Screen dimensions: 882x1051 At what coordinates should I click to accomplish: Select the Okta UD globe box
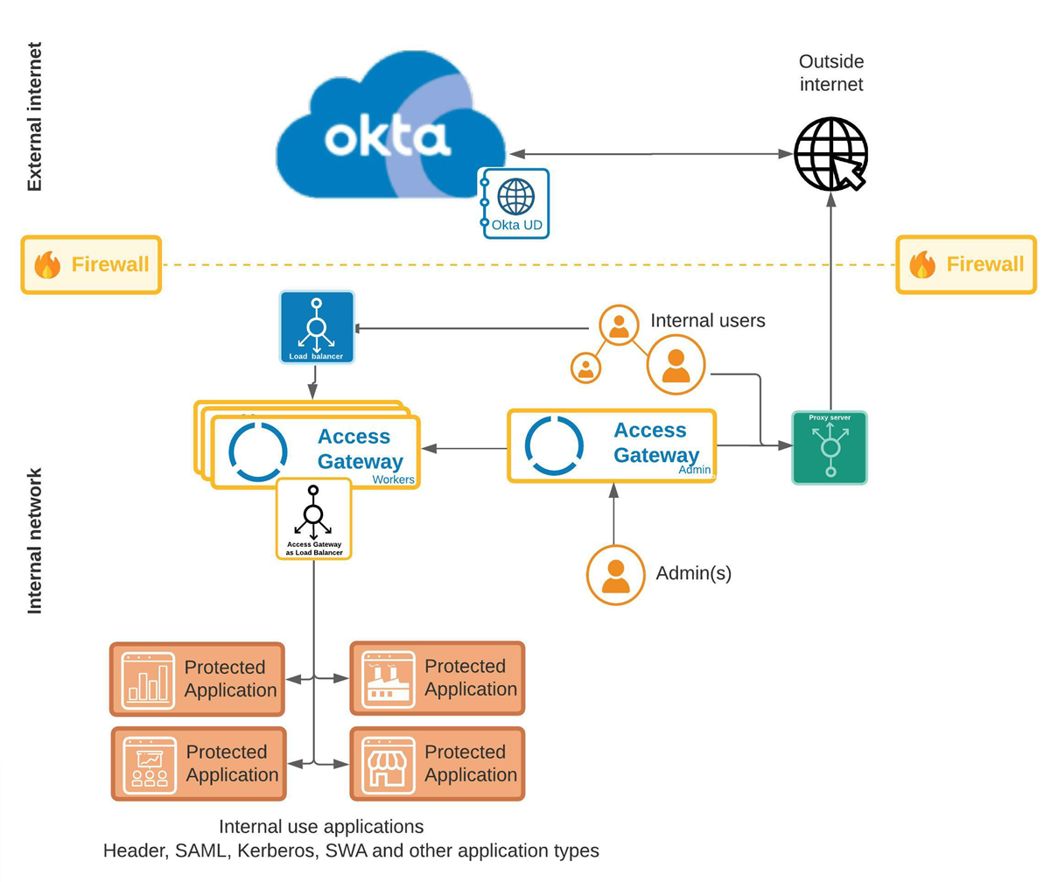(x=515, y=204)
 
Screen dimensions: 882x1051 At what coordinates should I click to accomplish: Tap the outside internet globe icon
(x=830, y=154)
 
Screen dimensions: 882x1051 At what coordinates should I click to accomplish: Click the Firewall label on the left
(x=91, y=264)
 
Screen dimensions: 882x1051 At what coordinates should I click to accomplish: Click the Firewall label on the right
(x=966, y=264)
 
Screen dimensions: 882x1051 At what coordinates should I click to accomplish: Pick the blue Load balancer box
(x=317, y=327)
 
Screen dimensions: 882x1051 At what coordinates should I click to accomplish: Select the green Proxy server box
(x=830, y=447)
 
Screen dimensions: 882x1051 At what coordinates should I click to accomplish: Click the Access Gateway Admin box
(x=612, y=445)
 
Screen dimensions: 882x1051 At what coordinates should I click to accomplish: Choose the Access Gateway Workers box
(x=315, y=451)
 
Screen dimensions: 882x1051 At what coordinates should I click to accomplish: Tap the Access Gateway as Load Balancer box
(x=313, y=519)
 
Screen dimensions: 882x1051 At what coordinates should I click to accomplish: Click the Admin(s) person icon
(x=615, y=574)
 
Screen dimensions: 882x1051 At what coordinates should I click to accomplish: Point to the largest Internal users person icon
(x=676, y=365)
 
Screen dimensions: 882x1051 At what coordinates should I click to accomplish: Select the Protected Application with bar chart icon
(x=198, y=678)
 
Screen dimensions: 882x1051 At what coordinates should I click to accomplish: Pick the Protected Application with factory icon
(x=437, y=678)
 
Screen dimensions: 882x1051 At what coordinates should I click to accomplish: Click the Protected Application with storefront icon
(x=437, y=763)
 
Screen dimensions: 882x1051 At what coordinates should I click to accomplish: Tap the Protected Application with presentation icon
(x=199, y=763)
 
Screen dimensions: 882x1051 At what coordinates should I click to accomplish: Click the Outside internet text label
(x=830, y=73)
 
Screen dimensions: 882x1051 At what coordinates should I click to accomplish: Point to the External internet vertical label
(x=34, y=116)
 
